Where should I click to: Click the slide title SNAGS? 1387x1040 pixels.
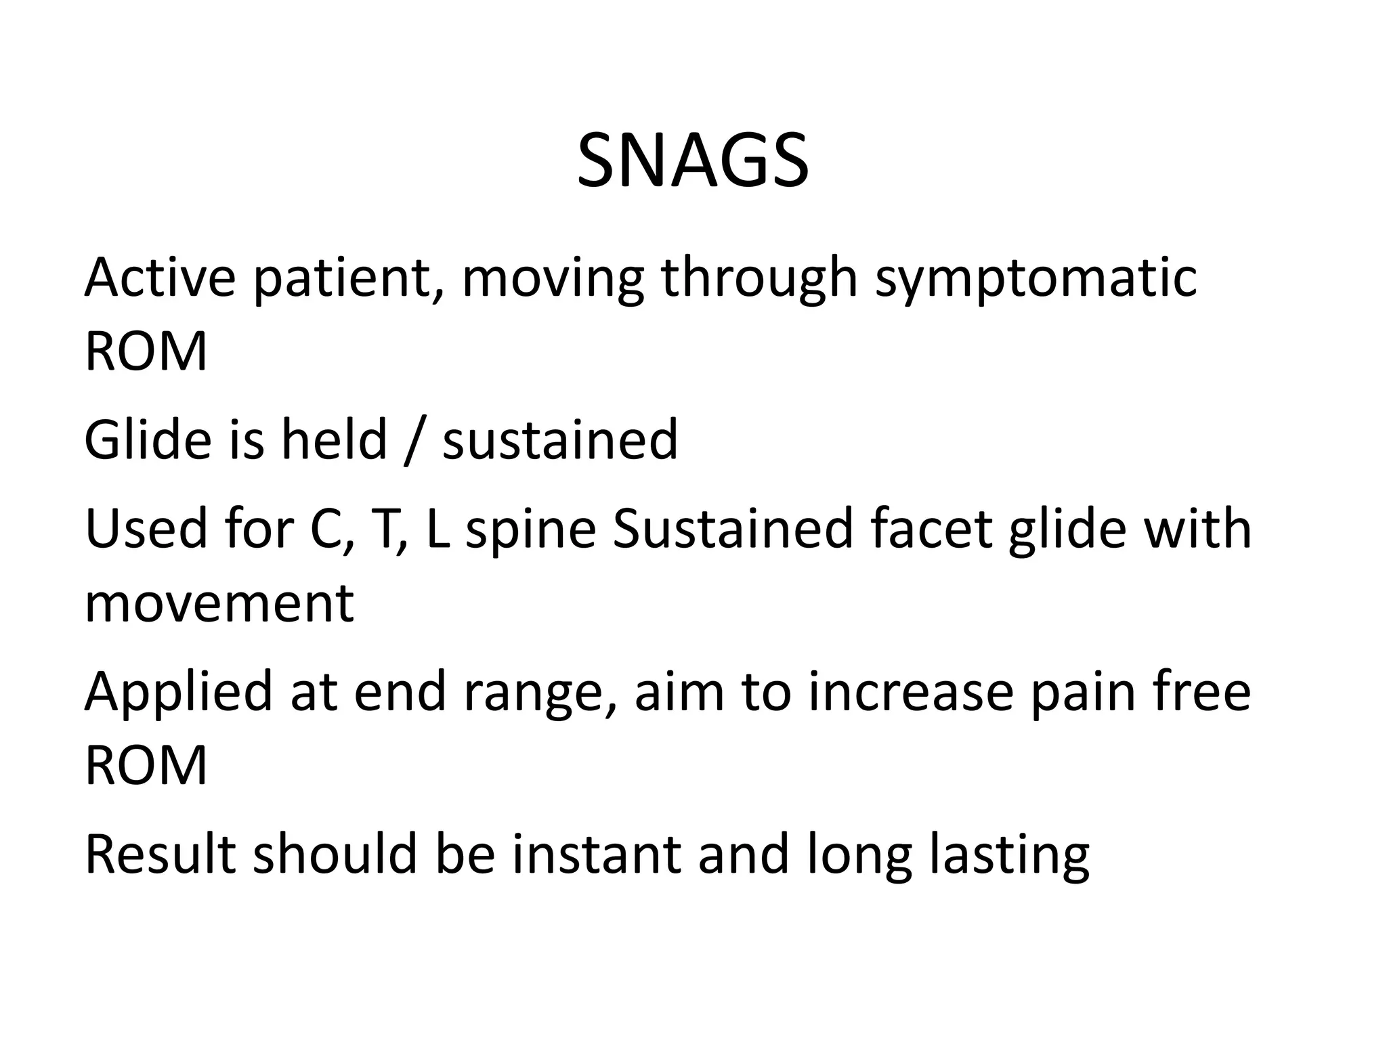tap(692, 162)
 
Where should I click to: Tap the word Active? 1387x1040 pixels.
tap(160, 277)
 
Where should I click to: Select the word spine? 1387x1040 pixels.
tap(531, 531)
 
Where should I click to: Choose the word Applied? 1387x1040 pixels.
tap(177, 692)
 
